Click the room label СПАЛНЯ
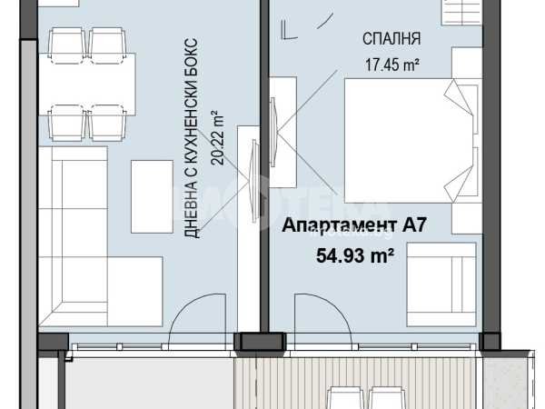point(391,38)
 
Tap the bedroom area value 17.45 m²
point(391,65)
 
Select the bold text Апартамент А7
point(354,225)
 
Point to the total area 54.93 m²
point(354,256)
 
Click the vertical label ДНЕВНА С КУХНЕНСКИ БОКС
point(191,138)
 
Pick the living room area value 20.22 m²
point(218,138)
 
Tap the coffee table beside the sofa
point(152,196)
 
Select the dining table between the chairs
point(87,85)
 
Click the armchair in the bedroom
point(441,284)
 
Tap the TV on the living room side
point(254,181)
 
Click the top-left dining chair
point(67,45)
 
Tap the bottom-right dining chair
point(107,123)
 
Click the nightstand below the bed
point(467,218)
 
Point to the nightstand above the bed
point(467,63)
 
